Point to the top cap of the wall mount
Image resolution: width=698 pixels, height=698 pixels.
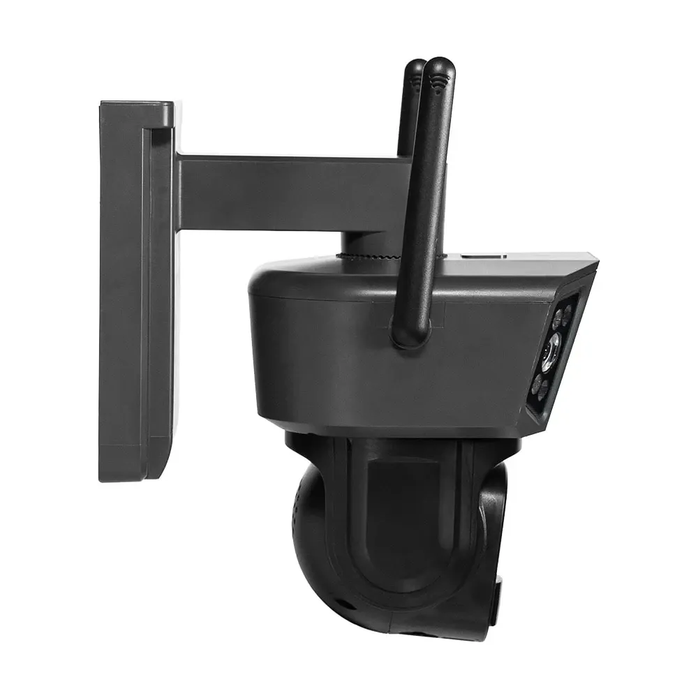137,112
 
